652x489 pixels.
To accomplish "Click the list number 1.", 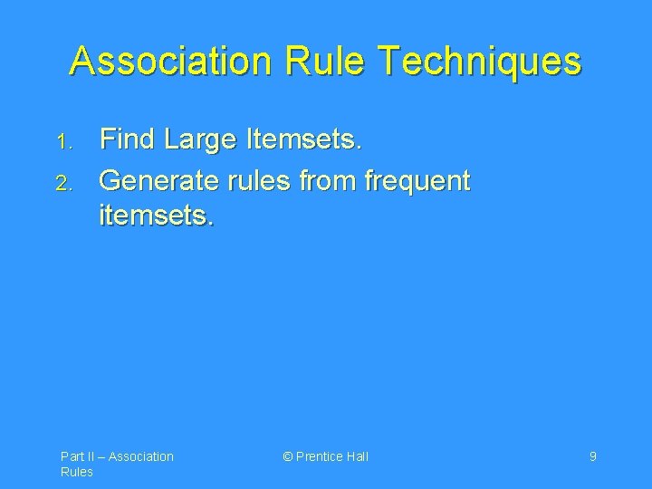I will coord(61,142).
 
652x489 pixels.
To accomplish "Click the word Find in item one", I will coord(127,139).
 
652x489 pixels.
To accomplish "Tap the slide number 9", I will coord(592,456).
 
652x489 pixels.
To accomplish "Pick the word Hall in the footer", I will coord(358,456).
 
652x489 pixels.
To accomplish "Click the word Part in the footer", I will coord(72,456).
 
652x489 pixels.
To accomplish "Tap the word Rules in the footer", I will coord(76,472).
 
